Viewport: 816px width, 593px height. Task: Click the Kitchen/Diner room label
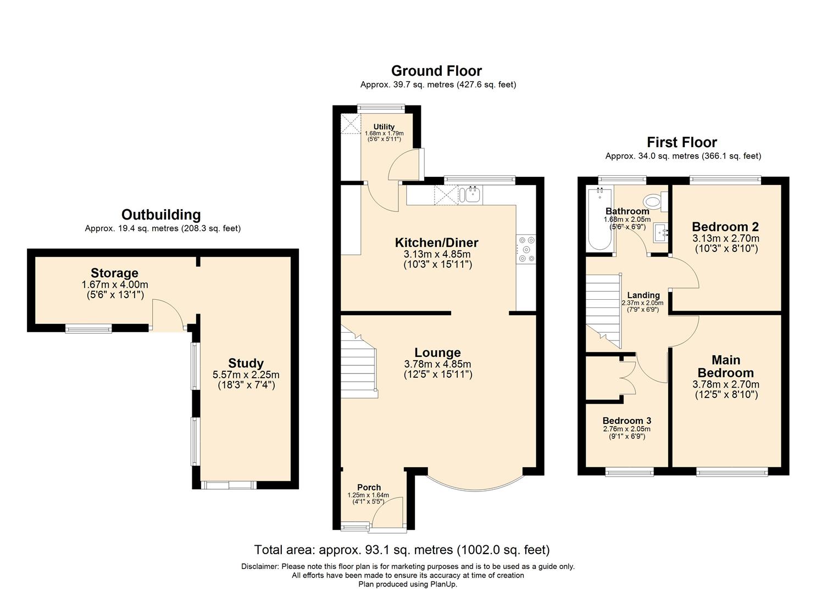(437, 243)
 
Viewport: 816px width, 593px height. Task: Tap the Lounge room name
(437, 353)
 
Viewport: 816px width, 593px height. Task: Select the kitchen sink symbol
(471, 194)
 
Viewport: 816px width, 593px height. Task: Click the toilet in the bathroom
(654, 201)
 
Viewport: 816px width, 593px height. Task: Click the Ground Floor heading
(436, 71)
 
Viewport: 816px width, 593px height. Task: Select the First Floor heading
(682, 142)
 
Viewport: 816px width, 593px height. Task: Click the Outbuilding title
(161, 215)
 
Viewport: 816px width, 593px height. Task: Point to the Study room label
(246, 363)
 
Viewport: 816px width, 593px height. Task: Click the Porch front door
(387, 514)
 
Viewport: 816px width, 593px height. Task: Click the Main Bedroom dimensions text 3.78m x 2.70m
(725, 384)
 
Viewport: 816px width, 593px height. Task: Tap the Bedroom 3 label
(626, 421)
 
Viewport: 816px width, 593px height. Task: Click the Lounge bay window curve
(474, 486)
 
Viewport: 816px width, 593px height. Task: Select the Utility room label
(384, 126)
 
